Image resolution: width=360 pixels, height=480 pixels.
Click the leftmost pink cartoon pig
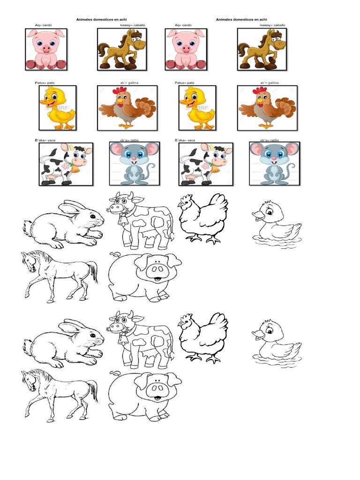[x=45, y=49]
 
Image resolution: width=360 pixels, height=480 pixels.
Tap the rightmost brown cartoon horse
[x=261, y=49]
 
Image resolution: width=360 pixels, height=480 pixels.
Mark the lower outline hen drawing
[x=203, y=337]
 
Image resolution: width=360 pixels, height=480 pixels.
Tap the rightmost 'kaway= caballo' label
[x=272, y=25]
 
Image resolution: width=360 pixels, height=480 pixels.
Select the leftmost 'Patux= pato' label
[x=48, y=82]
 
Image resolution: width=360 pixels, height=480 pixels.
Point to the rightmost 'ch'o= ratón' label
[x=272, y=140]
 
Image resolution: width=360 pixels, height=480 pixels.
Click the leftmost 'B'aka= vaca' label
[x=48, y=140]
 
